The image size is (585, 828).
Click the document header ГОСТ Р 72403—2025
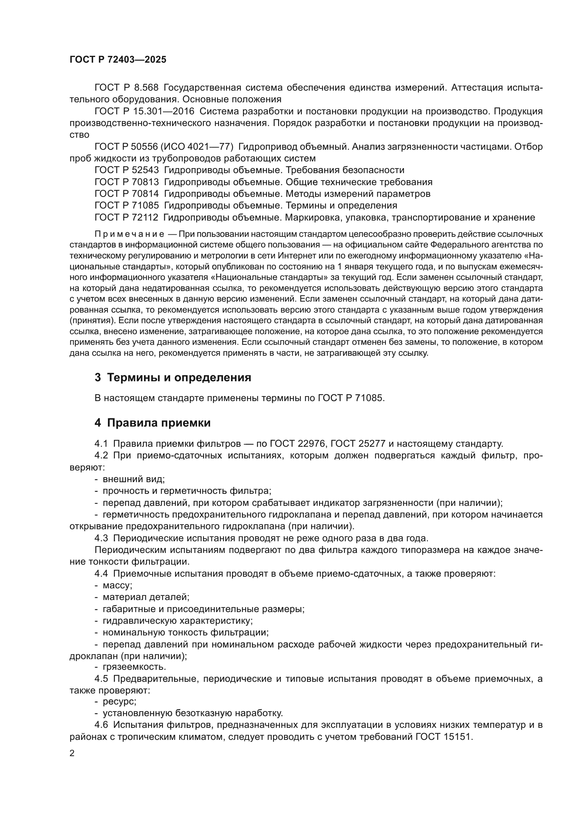(118, 60)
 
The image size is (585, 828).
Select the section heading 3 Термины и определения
(173, 378)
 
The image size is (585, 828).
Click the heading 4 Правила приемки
(152, 423)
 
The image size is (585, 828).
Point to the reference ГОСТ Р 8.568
(126, 88)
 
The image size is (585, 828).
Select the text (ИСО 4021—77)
(197, 147)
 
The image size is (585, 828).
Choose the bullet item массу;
(117, 585)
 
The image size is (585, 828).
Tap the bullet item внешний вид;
(134, 479)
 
